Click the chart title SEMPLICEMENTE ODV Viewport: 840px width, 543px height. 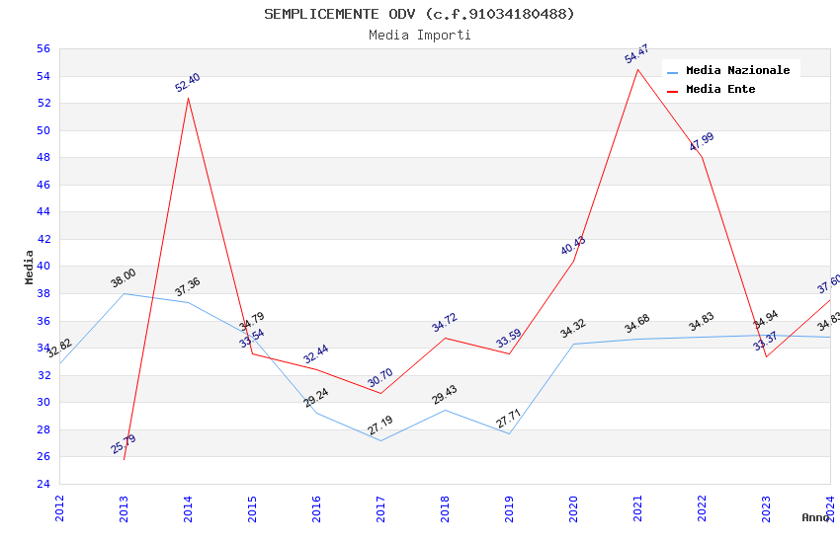tap(419, 14)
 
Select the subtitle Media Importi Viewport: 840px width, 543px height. tap(419, 36)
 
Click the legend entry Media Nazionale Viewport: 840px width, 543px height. tap(737, 71)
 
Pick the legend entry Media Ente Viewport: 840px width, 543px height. tap(720, 90)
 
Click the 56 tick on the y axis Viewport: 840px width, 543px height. tap(42, 49)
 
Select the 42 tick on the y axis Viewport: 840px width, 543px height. tap(42, 239)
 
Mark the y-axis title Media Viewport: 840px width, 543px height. tap(30, 267)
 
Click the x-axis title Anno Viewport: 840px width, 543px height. tap(815, 517)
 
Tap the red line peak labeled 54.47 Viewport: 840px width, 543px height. tap(637, 69)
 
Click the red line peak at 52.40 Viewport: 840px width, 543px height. tap(188, 98)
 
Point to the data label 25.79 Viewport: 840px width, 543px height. tap(124, 444)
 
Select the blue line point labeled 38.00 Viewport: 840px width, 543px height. tap(124, 293)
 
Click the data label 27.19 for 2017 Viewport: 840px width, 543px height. tap(380, 426)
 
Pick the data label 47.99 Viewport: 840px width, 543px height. tap(702, 141)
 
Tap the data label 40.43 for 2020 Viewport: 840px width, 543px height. tap(573, 246)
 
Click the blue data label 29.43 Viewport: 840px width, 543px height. tap(445, 396)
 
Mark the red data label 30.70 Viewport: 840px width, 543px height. tap(380, 378)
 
